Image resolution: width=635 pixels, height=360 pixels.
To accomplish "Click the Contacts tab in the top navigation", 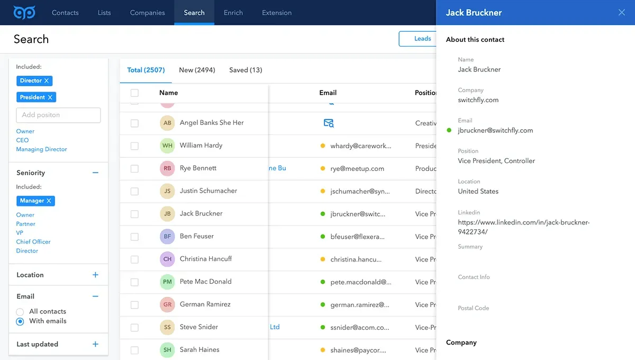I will (x=65, y=13).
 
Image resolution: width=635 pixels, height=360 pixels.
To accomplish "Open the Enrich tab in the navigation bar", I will (x=233, y=13).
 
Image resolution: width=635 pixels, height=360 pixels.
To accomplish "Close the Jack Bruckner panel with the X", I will (x=622, y=13).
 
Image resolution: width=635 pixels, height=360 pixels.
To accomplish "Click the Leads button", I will (x=422, y=39).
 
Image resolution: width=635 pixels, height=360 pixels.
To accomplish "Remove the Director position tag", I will (x=47, y=81).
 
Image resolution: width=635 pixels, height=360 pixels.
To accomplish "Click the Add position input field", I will (x=58, y=115).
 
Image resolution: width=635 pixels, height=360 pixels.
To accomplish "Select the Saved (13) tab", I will (x=246, y=70).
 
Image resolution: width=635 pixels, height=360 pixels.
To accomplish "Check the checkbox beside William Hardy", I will (x=134, y=146).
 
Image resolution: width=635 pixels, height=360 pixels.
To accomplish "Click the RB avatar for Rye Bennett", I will (x=167, y=168).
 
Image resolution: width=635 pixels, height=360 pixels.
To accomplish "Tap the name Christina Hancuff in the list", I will (x=206, y=259).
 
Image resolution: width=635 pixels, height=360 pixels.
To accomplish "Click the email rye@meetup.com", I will (x=357, y=169).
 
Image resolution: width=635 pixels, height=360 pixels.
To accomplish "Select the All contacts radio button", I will (x=20, y=312).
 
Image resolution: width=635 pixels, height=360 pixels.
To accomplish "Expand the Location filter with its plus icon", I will (x=95, y=275).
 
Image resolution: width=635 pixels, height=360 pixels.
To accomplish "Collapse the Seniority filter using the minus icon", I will (x=95, y=173).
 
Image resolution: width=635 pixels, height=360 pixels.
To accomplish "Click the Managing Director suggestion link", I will (x=41, y=149).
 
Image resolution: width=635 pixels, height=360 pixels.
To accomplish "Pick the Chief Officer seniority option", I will (x=33, y=242).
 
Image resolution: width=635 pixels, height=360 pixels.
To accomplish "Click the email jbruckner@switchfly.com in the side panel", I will (x=495, y=130).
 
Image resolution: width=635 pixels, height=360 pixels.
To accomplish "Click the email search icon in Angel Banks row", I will (x=329, y=123).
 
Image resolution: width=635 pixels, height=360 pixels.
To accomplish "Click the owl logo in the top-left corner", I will (x=24, y=12).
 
